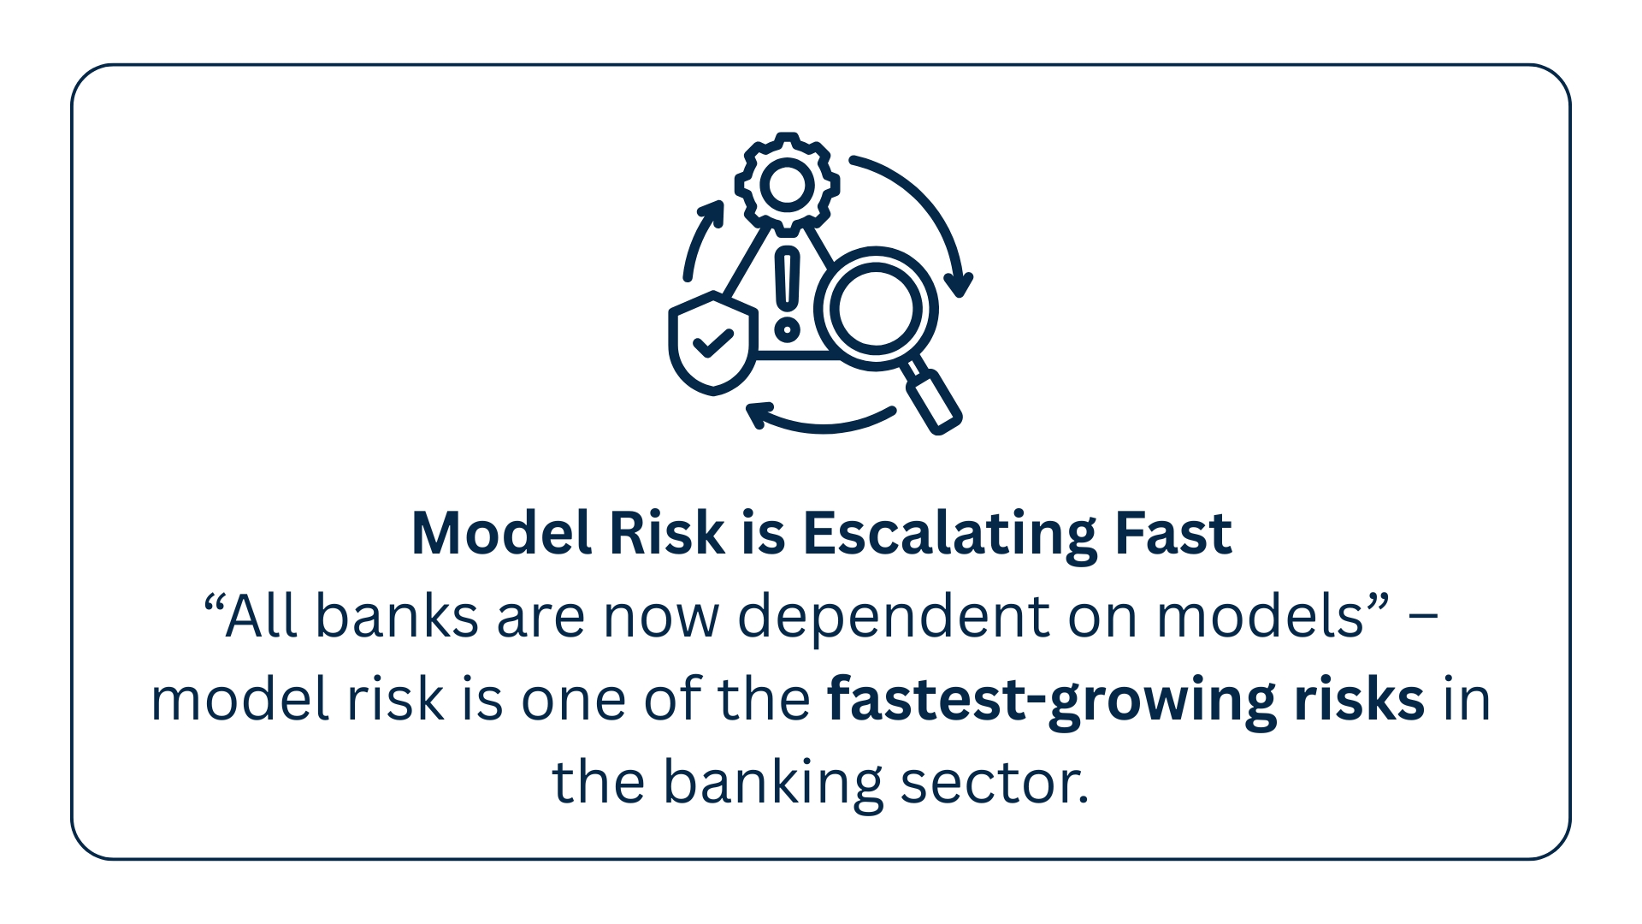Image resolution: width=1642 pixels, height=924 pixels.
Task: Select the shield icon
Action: (712, 343)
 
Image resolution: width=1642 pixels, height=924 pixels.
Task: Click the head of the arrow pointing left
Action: (756, 415)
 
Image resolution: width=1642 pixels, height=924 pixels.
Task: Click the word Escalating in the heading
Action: (949, 534)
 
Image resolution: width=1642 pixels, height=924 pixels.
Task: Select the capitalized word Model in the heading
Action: (502, 532)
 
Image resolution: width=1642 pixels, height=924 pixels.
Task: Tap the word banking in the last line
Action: (772, 784)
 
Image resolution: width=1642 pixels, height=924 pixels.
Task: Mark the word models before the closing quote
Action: (1260, 616)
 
